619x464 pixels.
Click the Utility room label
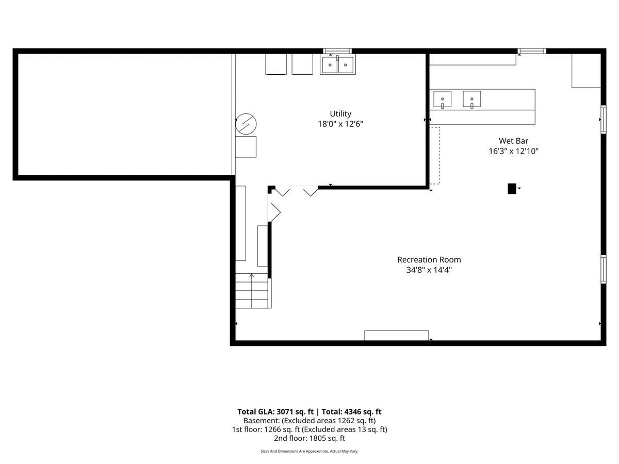[x=340, y=114]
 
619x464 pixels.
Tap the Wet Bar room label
[x=513, y=141]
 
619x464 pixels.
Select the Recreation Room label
[x=429, y=259]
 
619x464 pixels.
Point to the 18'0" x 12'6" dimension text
[x=340, y=124]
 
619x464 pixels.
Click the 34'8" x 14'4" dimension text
[x=429, y=270]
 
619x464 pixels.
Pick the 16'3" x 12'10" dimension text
[x=513, y=151]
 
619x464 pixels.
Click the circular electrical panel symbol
[x=246, y=124]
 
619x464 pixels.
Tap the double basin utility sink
[x=337, y=65]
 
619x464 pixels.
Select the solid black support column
[x=512, y=189]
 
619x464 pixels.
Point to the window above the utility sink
[x=337, y=51]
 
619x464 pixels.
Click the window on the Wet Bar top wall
[x=532, y=51]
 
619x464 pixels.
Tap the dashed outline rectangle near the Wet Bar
[x=434, y=156]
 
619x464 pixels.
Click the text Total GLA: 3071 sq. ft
[x=275, y=411]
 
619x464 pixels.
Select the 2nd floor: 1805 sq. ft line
[x=309, y=438]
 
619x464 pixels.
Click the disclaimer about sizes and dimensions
[x=309, y=451]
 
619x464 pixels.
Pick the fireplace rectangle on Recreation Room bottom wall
[x=397, y=336]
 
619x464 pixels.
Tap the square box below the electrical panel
[x=246, y=147]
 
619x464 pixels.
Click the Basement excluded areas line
[x=309, y=421]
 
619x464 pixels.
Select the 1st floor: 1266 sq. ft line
[x=309, y=429]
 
